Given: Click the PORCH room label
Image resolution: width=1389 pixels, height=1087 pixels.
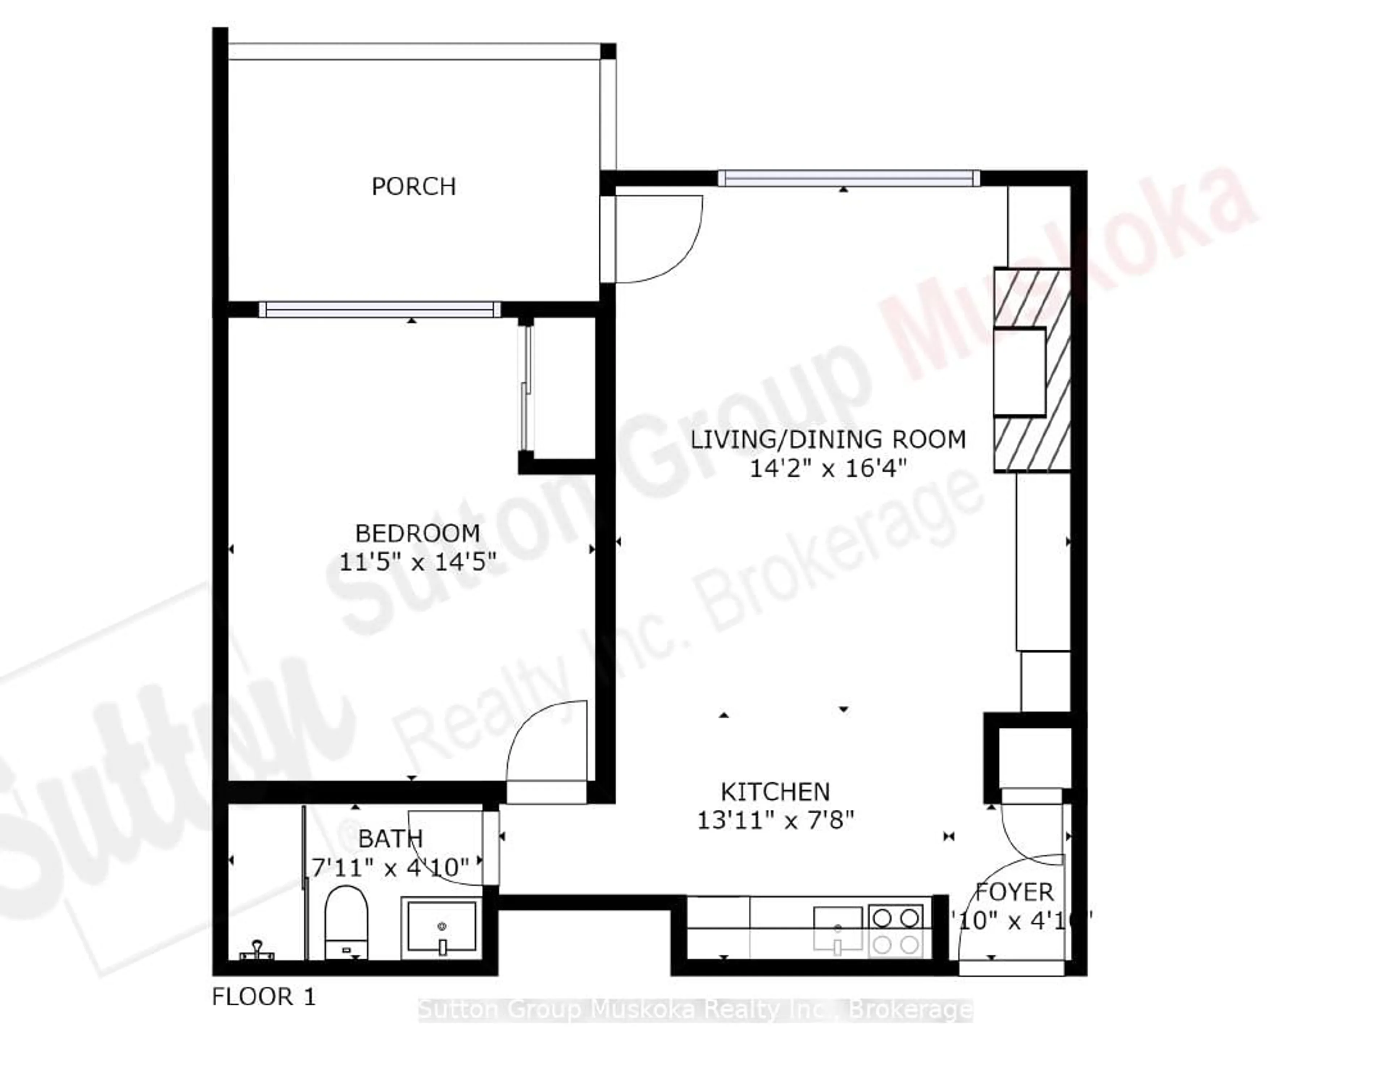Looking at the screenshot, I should coord(413,187).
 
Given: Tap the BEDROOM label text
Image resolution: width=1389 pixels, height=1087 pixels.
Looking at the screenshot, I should coord(417,533).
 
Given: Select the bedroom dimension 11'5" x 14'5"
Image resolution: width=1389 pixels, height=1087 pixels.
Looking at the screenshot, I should coord(417,562).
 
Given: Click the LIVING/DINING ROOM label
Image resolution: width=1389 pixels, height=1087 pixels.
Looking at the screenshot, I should coord(828,439).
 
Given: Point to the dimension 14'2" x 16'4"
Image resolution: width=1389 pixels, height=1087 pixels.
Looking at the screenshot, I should coord(828,469).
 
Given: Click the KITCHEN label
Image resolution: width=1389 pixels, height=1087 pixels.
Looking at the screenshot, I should coord(775,792).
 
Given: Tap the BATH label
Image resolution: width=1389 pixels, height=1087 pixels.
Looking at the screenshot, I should coord(390,839).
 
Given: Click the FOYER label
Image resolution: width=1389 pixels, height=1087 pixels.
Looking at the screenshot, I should coord(1015,892).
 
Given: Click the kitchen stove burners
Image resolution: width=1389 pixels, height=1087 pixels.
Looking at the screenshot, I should coord(895,930).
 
